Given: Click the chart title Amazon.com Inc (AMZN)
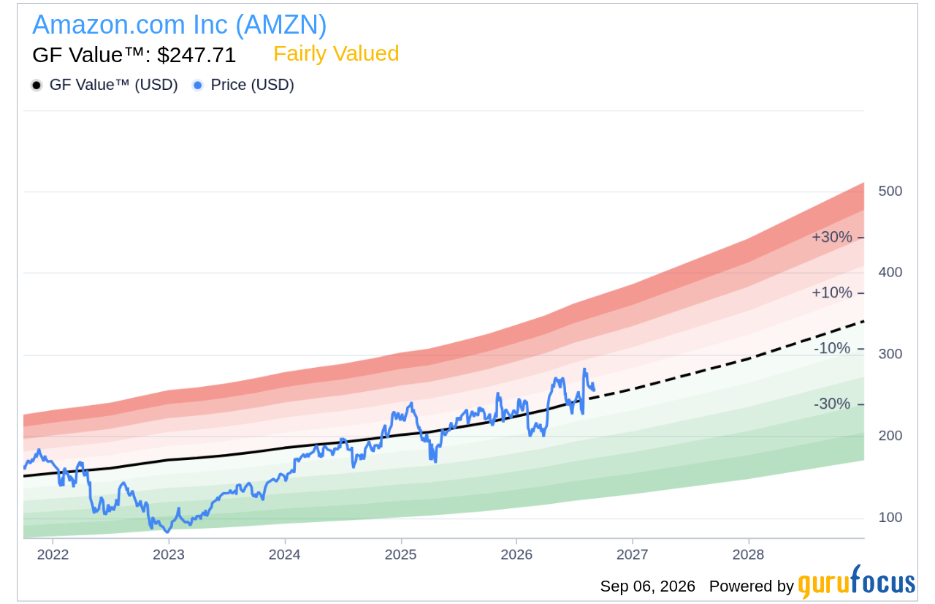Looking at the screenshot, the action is click(x=180, y=25).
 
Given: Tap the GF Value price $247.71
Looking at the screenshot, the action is click(x=196, y=55).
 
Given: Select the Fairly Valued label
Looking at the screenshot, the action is click(x=336, y=54).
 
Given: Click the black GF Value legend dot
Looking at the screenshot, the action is click(x=37, y=86).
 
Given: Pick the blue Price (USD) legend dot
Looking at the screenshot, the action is click(x=197, y=86).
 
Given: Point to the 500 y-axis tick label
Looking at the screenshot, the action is click(x=890, y=191).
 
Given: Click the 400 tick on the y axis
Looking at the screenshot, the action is click(x=890, y=272).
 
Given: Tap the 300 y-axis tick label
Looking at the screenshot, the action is click(x=890, y=354).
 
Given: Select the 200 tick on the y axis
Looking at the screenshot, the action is click(x=890, y=436).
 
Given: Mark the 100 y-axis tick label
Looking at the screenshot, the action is click(x=890, y=518).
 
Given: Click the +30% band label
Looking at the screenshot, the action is click(x=831, y=237).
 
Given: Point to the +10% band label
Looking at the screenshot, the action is click(x=831, y=292).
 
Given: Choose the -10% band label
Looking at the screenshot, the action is click(x=832, y=348).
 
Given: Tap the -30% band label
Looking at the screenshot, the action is click(x=832, y=404).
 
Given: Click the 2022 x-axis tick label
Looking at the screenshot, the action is click(x=53, y=555).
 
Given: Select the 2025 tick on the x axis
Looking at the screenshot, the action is click(x=401, y=555).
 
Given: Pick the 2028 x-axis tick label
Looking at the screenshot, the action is click(x=749, y=555).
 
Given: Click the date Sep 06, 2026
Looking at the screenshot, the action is click(x=647, y=586).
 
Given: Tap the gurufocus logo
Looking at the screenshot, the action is click(x=856, y=581).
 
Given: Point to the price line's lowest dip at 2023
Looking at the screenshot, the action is click(x=167, y=532).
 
